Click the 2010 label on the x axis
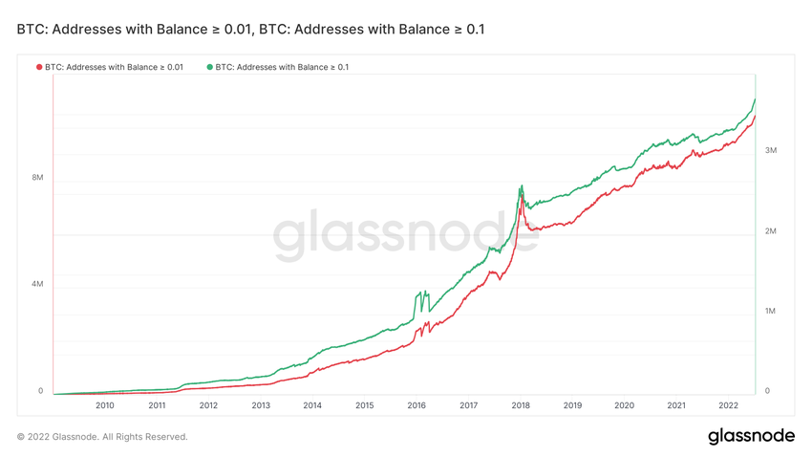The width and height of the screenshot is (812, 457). (x=104, y=405)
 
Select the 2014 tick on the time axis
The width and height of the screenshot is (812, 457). (x=312, y=405)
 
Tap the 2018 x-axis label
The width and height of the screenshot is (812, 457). (x=521, y=405)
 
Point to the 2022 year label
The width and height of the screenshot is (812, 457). (x=728, y=405)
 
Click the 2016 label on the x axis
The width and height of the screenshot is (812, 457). (x=417, y=405)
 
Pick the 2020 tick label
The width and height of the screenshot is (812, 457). (x=624, y=405)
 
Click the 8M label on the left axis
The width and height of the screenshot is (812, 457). (x=37, y=178)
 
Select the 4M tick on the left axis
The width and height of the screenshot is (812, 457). (x=37, y=284)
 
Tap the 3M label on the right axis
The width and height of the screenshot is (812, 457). (x=770, y=151)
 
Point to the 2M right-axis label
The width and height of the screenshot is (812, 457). (x=770, y=231)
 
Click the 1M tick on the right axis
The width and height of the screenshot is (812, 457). (x=770, y=312)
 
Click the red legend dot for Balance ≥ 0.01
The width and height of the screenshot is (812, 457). (x=39, y=67)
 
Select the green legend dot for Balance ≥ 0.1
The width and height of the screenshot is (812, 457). (x=210, y=67)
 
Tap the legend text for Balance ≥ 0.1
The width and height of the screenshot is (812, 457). (x=282, y=67)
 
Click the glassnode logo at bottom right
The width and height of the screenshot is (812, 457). (x=751, y=436)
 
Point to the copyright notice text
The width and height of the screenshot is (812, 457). (x=102, y=437)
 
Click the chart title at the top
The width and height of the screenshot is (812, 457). (x=250, y=30)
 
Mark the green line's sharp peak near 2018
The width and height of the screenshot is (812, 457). (x=521, y=185)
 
